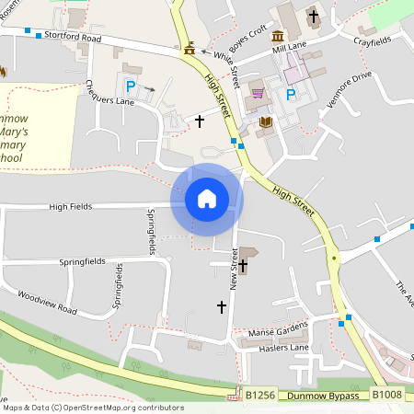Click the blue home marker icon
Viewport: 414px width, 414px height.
(206, 198)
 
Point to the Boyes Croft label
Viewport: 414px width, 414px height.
(247, 41)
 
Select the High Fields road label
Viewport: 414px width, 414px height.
(71, 207)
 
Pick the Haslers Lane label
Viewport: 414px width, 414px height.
(286, 348)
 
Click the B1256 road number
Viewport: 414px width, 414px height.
(260, 395)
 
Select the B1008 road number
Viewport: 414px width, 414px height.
(386, 395)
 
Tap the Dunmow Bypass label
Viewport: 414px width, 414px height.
(322, 395)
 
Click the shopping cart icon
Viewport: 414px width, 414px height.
(258, 92)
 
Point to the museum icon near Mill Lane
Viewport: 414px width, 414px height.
(278, 36)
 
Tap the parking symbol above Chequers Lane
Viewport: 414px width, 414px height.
(131, 86)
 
